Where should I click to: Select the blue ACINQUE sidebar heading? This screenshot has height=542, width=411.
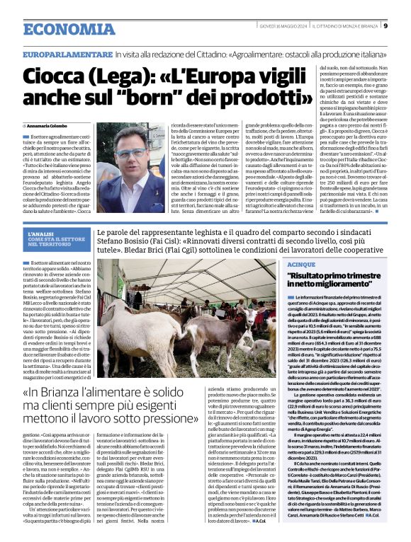click(302, 264)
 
